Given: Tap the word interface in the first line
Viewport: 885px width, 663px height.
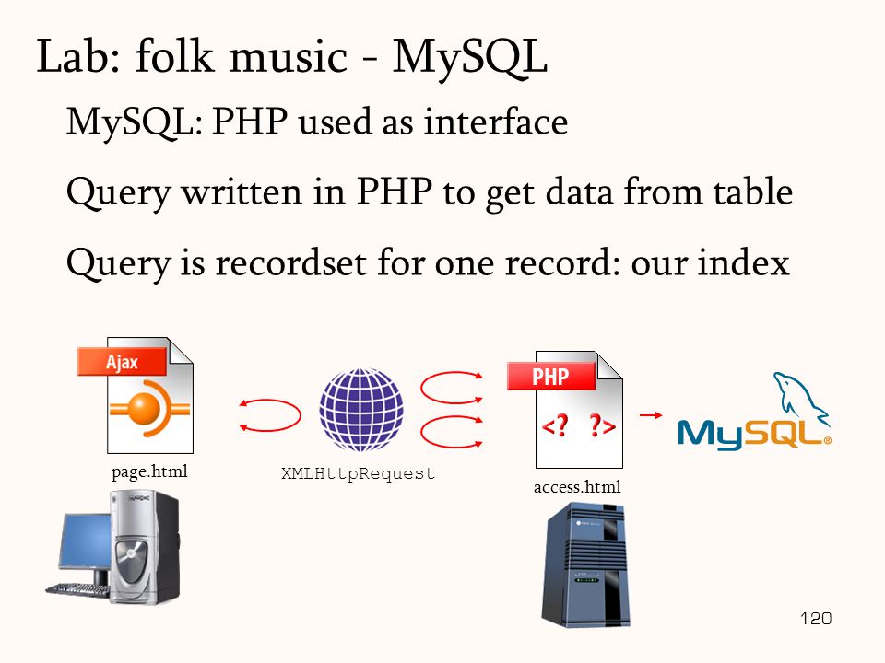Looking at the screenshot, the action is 496,122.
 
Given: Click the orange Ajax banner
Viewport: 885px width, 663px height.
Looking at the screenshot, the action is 123,361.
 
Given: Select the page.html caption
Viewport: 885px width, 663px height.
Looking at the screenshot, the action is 149,471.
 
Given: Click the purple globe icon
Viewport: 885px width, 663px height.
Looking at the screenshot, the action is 361,410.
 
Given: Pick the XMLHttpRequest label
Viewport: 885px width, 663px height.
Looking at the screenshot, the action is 358,473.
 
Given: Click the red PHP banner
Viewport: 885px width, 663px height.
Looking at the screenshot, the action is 551,376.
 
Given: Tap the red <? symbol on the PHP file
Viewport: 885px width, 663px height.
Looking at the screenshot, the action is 555,425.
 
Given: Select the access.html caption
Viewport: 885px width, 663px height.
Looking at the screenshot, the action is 577,487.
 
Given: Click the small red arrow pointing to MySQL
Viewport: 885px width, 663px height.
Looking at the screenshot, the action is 651,415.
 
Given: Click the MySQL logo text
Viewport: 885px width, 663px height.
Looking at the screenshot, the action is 754,434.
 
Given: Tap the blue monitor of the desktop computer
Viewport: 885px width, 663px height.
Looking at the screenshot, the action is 85,541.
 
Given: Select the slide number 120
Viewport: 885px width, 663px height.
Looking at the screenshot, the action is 816,619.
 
